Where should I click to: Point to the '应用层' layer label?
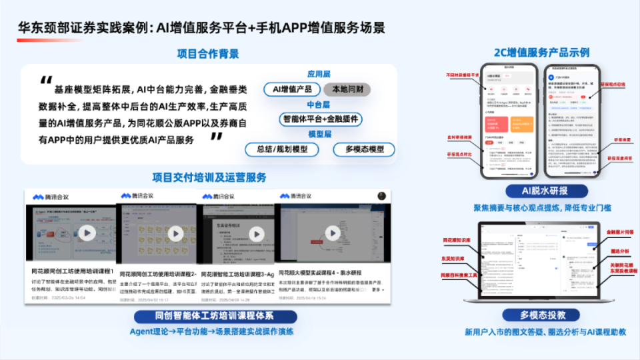[x=319, y=74]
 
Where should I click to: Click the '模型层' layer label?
[x=319, y=134]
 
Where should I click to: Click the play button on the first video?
[x=87, y=233]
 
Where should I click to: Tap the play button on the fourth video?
[x=331, y=233]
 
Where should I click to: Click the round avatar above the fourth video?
[x=381, y=196]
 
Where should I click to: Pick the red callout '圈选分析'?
[x=620, y=251]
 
